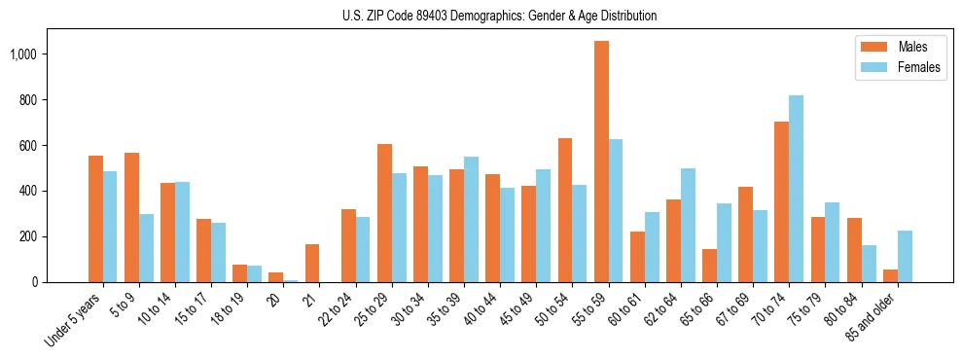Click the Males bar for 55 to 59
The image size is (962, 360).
pos(601,162)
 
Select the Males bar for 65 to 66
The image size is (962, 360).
pos(709,266)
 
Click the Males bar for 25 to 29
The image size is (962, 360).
pos(384,213)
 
